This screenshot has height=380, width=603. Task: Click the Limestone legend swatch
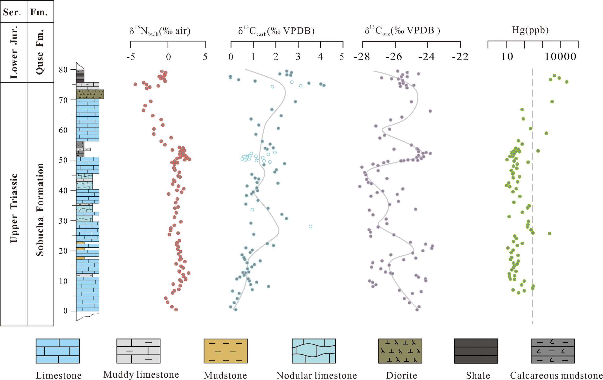(x=58, y=351)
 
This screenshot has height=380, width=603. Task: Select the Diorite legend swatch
(x=400, y=351)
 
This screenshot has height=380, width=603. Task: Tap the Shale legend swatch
(x=476, y=351)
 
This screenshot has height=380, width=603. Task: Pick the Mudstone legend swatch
(x=225, y=351)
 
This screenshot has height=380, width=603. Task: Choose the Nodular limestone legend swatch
(x=314, y=351)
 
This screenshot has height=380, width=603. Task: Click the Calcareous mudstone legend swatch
(x=552, y=351)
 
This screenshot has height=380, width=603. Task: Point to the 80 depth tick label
(x=63, y=70)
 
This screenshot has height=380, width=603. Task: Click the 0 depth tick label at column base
(x=65, y=311)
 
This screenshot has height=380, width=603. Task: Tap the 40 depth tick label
(x=63, y=190)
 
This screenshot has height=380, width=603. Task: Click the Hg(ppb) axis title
(x=530, y=30)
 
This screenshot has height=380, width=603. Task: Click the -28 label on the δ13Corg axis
(x=362, y=57)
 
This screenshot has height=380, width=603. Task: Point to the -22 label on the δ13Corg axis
(x=460, y=57)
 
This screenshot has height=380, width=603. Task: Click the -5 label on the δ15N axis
(x=131, y=57)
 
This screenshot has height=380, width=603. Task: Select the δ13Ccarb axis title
(x=276, y=31)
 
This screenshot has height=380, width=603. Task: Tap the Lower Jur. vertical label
(x=14, y=52)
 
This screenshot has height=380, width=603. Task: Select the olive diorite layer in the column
(x=90, y=94)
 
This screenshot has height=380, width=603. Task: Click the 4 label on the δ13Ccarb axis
(x=320, y=57)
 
